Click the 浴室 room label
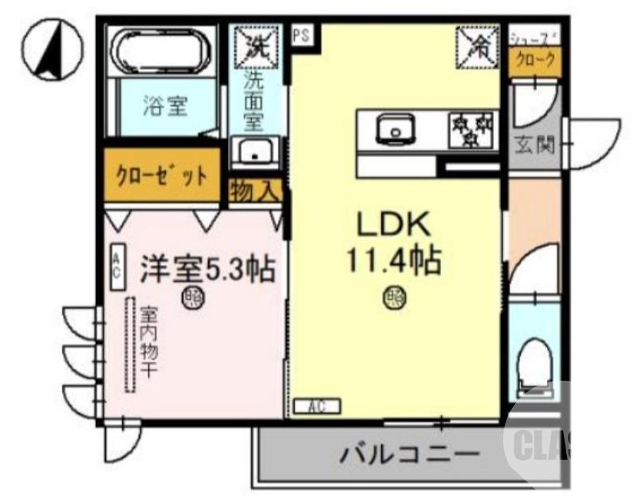pyautogui.click(x=165, y=106)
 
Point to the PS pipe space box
pyautogui.click(x=301, y=36)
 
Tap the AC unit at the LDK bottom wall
pyautogui.click(x=317, y=406)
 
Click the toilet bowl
pyautogui.click(x=533, y=365)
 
